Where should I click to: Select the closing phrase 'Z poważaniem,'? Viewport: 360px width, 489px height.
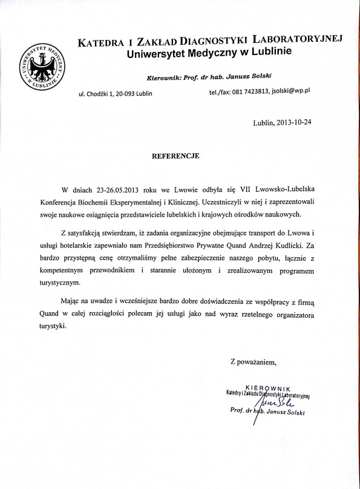[x=253, y=362]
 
